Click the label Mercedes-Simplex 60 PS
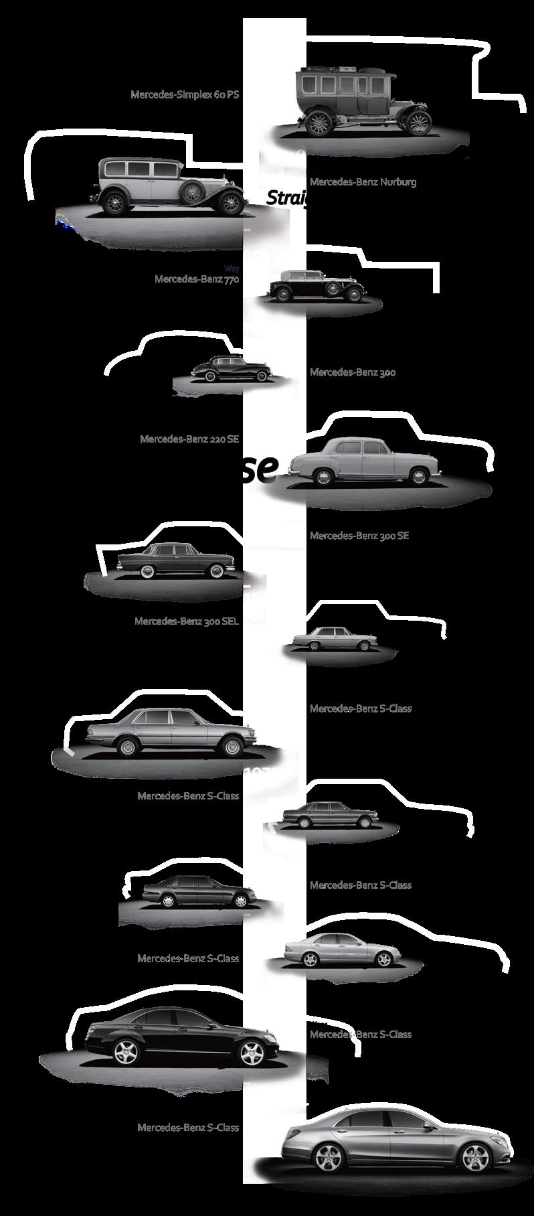pos(185,94)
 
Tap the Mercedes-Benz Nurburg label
pos(363,181)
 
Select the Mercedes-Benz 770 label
pos(197,279)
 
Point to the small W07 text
pos(232,268)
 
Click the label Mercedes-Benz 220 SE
pos(189,439)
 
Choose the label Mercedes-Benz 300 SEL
pos(187,621)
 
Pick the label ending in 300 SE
pos(359,536)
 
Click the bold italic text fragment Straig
pos(286,198)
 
